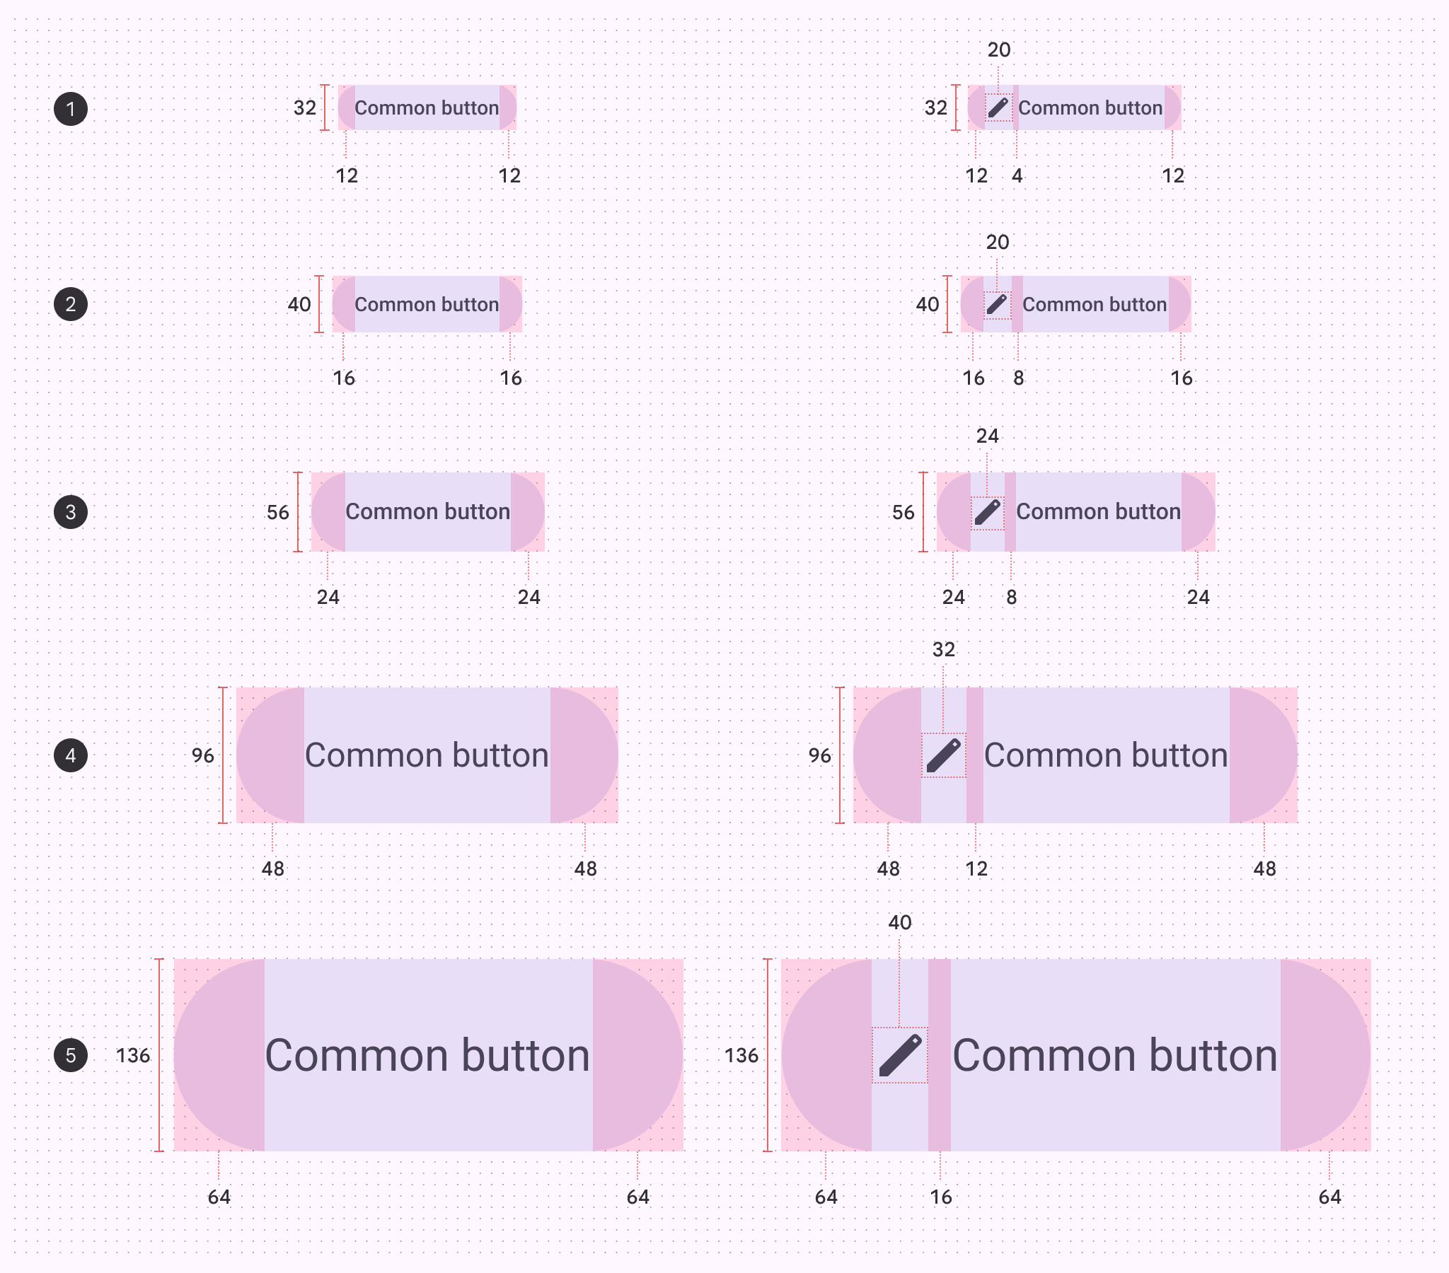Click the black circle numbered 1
click(x=71, y=109)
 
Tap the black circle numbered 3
click(x=71, y=512)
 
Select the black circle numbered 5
click(x=71, y=1054)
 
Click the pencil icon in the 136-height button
click(x=899, y=1054)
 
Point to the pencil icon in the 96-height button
click(x=944, y=755)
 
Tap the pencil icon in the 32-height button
click(x=998, y=107)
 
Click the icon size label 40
click(x=899, y=922)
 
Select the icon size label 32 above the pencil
click(x=944, y=649)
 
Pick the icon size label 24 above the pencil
click(x=988, y=436)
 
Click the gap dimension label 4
click(x=1017, y=176)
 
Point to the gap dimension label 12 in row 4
click(x=976, y=868)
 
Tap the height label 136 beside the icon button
click(x=741, y=1055)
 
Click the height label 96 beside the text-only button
click(x=203, y=755)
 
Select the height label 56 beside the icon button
click(x=903, y=513)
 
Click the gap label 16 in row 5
click(x=941, y=1197)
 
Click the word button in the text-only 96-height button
click(x=500, y=755)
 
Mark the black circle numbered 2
click(x=71, y=305)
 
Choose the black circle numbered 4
click(x=71, y=755)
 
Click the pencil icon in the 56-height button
click(x=988, y=512)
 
